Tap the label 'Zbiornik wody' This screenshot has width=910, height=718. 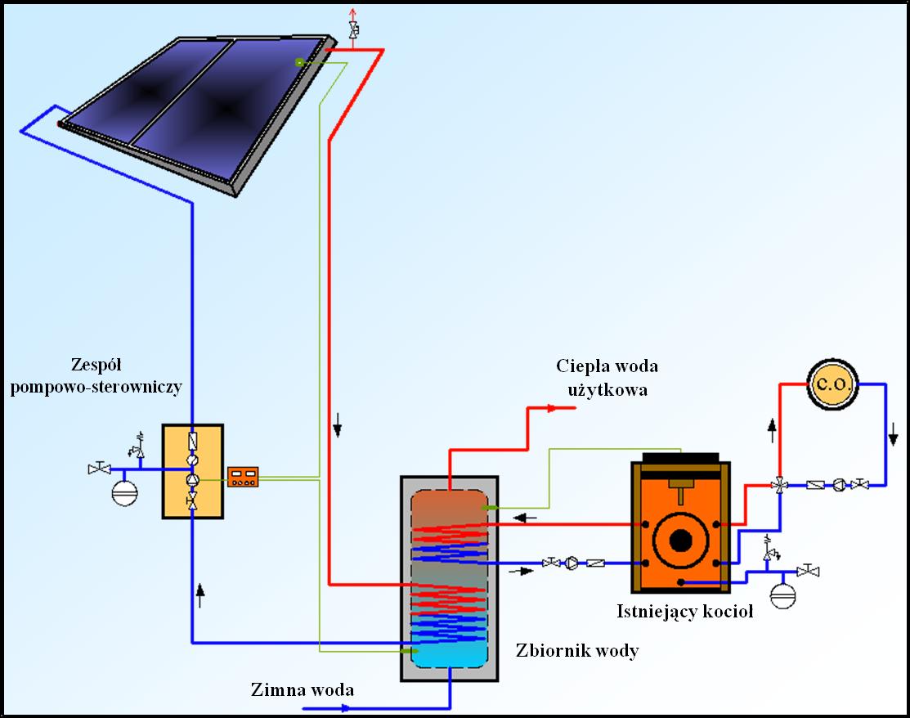[x=577, y=651]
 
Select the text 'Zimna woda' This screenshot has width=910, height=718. [x=303, y=689]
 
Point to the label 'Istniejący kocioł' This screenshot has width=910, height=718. [x=684, y=611]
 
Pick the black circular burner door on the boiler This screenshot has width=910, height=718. [x=680, y=541]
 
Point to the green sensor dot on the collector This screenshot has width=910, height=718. [x=300, y=62]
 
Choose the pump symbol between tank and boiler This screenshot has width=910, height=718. [x=572, y=563]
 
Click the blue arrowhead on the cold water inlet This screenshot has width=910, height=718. [x=344, y=708]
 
